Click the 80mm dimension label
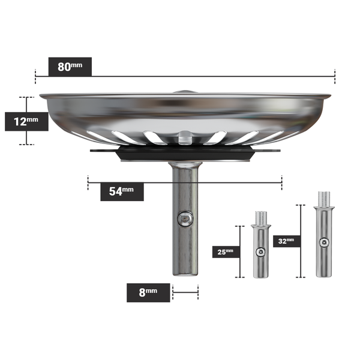(x=70, y=67)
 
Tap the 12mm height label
(x=26, y=121)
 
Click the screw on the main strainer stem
(x=185, y=220)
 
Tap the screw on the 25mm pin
(x=260, y=253)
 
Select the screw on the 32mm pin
(x=324, y=242)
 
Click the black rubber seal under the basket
(x=185, y=154)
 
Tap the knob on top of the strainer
(x=185, y=91)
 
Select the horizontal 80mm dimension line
(x=210, y=76)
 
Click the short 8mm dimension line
(x=185, y=292)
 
